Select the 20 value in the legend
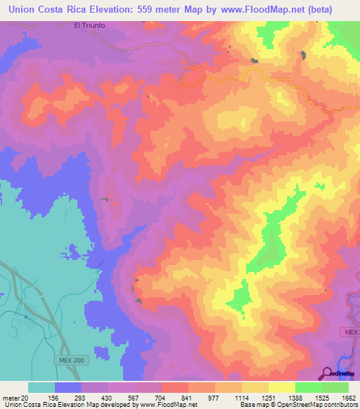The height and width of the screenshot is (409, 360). (x=24, y=397)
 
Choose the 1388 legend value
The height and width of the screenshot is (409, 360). (x=307, y=397)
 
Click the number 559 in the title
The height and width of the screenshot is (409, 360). (x=153, y=10)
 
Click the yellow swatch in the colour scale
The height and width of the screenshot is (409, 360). (x=281, y=387)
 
